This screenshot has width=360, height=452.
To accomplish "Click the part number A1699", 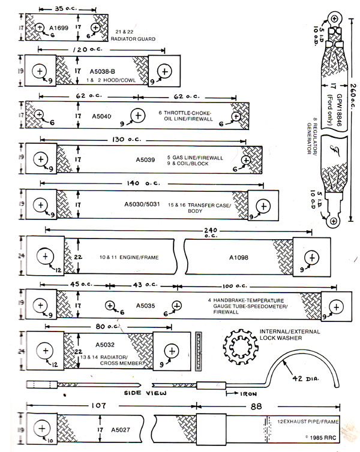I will coord(60,28).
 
